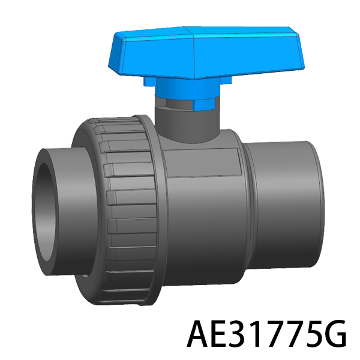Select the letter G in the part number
335,334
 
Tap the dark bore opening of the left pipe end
45,212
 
